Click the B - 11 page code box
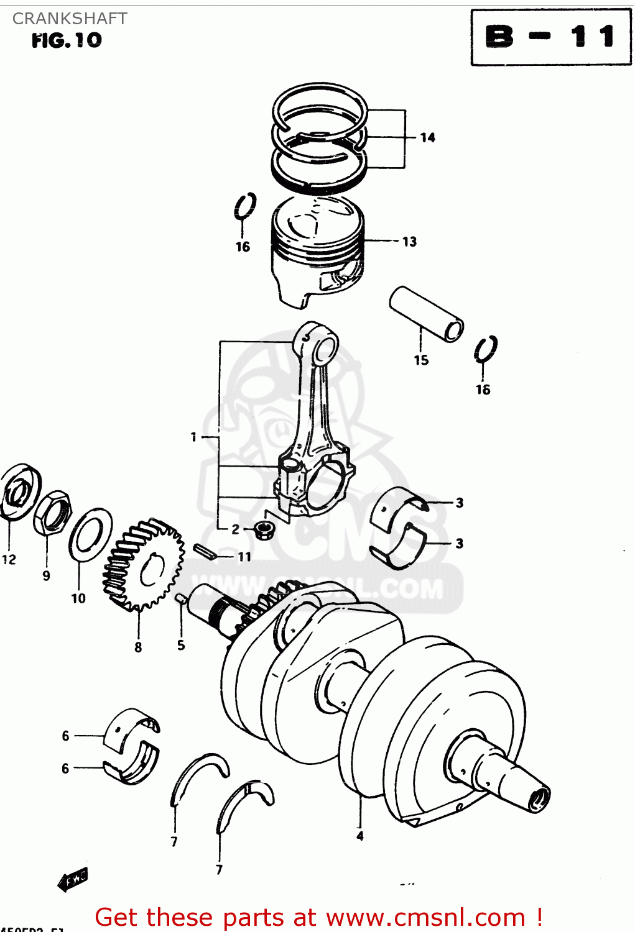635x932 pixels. click(x=551, y=37)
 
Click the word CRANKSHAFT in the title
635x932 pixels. click(x=70, y=19)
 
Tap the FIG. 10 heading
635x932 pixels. click(x=67, y=40)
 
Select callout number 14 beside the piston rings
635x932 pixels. click(x=427, y=137)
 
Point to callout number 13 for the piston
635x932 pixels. click(x=409, y=242)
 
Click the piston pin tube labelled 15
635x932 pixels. click(x=426, y=313)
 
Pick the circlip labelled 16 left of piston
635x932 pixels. click(x=245, y=206)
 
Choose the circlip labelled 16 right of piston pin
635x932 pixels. click(x=485, y=350)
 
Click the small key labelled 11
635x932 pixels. click(x=204, y=551)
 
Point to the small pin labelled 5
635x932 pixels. click(x=180, y=598)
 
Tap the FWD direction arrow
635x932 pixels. click(x=73, y=879)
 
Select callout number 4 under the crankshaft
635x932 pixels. click(x=360, y=836)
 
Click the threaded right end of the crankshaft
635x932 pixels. click(x=539, y=798)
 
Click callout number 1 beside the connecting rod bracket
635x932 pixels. click(x=193, y=437)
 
